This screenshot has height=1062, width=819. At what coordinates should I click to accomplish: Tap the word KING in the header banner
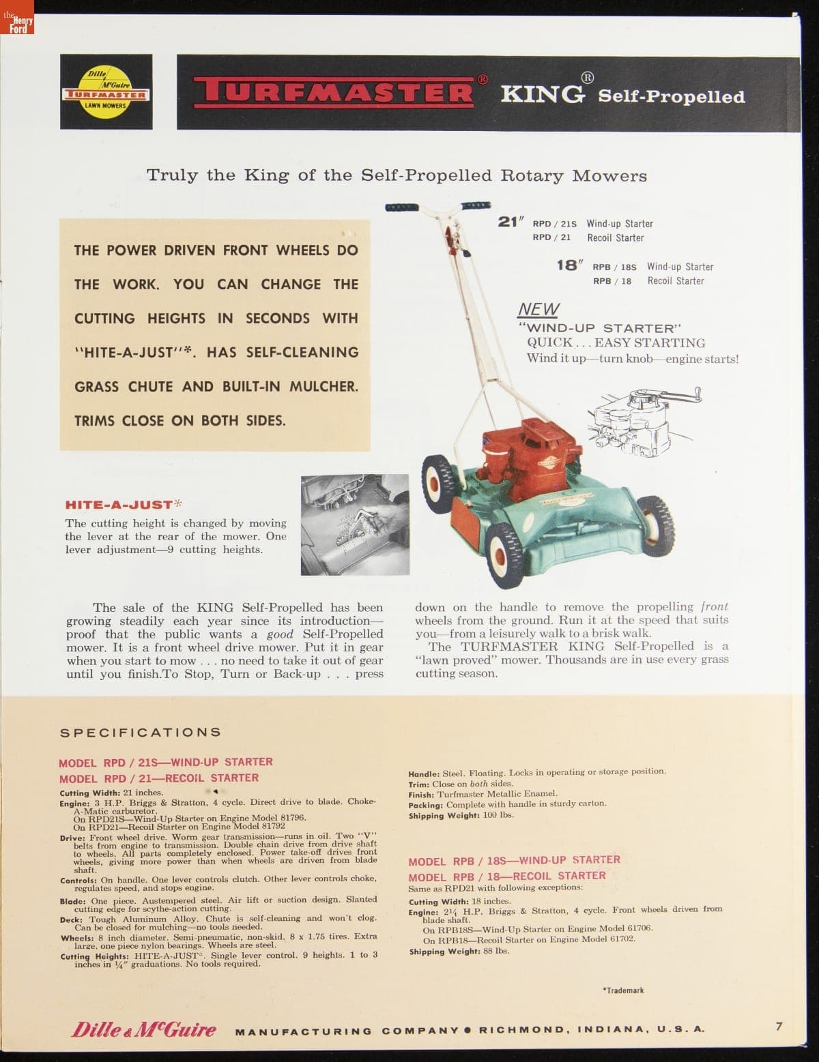point(543,93)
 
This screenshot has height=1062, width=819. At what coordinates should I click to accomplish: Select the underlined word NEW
point(538,309)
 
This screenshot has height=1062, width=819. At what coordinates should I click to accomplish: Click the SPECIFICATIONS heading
point(141,732)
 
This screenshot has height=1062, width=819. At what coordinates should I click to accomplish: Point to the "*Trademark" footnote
point(623,990)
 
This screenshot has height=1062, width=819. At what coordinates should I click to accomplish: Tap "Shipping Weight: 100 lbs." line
point(461,815)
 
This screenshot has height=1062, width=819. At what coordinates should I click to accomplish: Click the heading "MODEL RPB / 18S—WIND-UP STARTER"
point(514,860)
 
